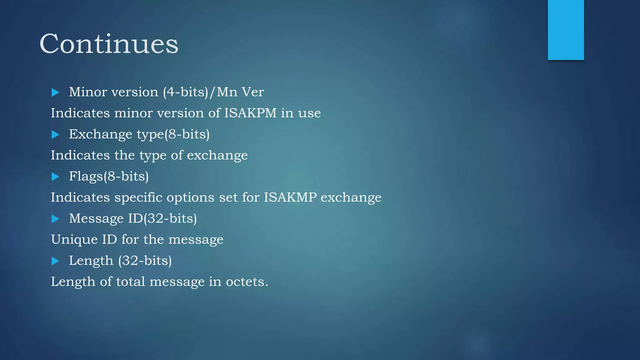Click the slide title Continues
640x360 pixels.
(x=109, y=44)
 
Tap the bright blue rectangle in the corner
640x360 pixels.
(x=566, y=30)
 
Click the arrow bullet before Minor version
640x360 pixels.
(x=55, y=92)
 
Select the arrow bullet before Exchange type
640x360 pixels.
(x=55, y=134)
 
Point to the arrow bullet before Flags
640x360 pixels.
(x=55, y=177)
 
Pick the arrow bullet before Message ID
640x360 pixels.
(x=55, y=219)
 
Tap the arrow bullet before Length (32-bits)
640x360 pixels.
(x=55, y=261)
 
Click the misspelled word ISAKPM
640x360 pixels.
(x=250, y=113)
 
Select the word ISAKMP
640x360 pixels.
(x=290, y=197)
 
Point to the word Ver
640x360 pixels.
(x=253, y=92)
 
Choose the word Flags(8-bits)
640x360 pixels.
(x=109, y=177)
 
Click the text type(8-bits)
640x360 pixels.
(x=173, y=135)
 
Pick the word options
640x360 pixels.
(x=191, y=198)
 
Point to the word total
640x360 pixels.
(x=131, y=282)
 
